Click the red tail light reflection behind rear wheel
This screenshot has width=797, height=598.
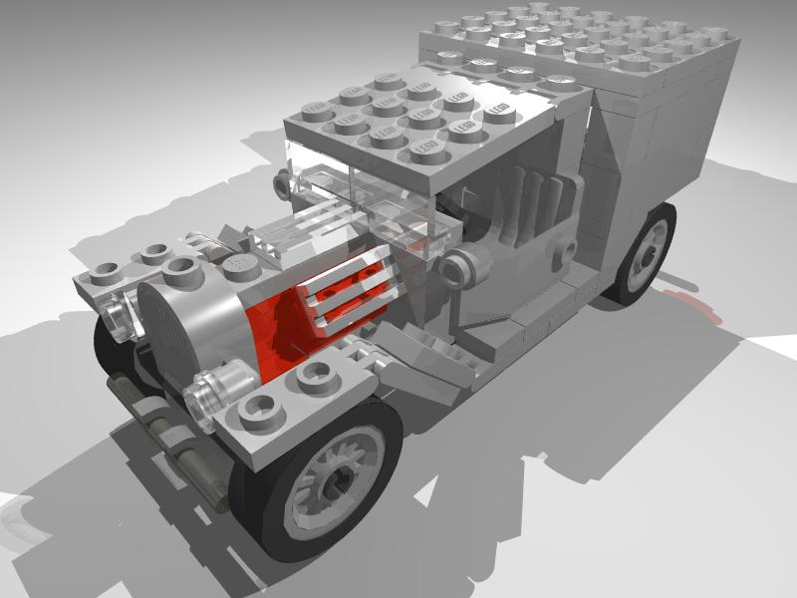coord(697,304)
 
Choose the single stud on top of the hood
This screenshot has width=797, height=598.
coord(239,262)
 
